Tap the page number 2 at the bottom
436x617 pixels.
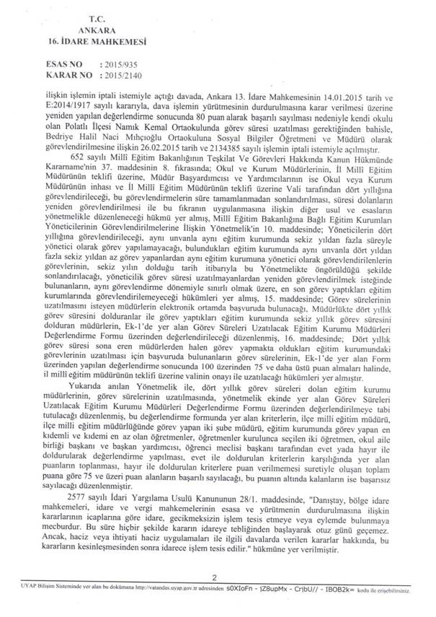click(215, 597)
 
